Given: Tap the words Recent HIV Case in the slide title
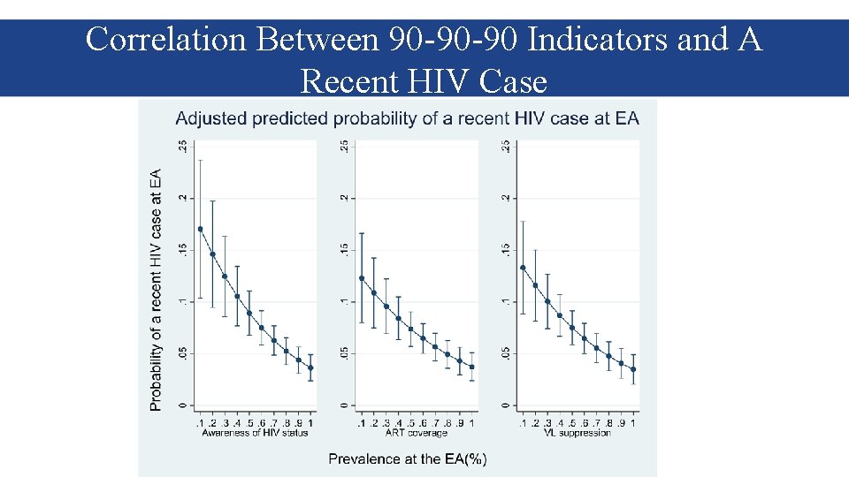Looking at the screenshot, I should (424, 81).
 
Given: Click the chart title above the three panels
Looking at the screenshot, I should (407, 117).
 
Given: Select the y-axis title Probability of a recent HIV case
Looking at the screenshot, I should (156, 289).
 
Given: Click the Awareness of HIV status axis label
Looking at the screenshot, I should (255, 433).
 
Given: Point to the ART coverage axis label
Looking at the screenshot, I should (417, 433).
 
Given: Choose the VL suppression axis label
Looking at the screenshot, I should (578, 433).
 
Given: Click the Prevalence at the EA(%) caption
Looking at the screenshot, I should (408, 458).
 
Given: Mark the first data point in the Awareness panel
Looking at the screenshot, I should (200, 229).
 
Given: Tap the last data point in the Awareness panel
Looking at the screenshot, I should (310, 368).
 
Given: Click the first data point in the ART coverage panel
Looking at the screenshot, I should (362, 278).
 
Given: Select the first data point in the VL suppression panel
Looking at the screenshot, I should (524, 268).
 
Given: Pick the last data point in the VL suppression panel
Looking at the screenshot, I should (633, 370).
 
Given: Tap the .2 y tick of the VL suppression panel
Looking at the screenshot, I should (505, 198).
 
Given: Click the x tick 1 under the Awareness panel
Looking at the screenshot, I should (310, 424).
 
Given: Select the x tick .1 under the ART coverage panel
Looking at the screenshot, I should (362, 424).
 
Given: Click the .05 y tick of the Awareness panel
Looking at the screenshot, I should (181, 353).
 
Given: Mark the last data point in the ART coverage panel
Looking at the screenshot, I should (472, 367).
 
